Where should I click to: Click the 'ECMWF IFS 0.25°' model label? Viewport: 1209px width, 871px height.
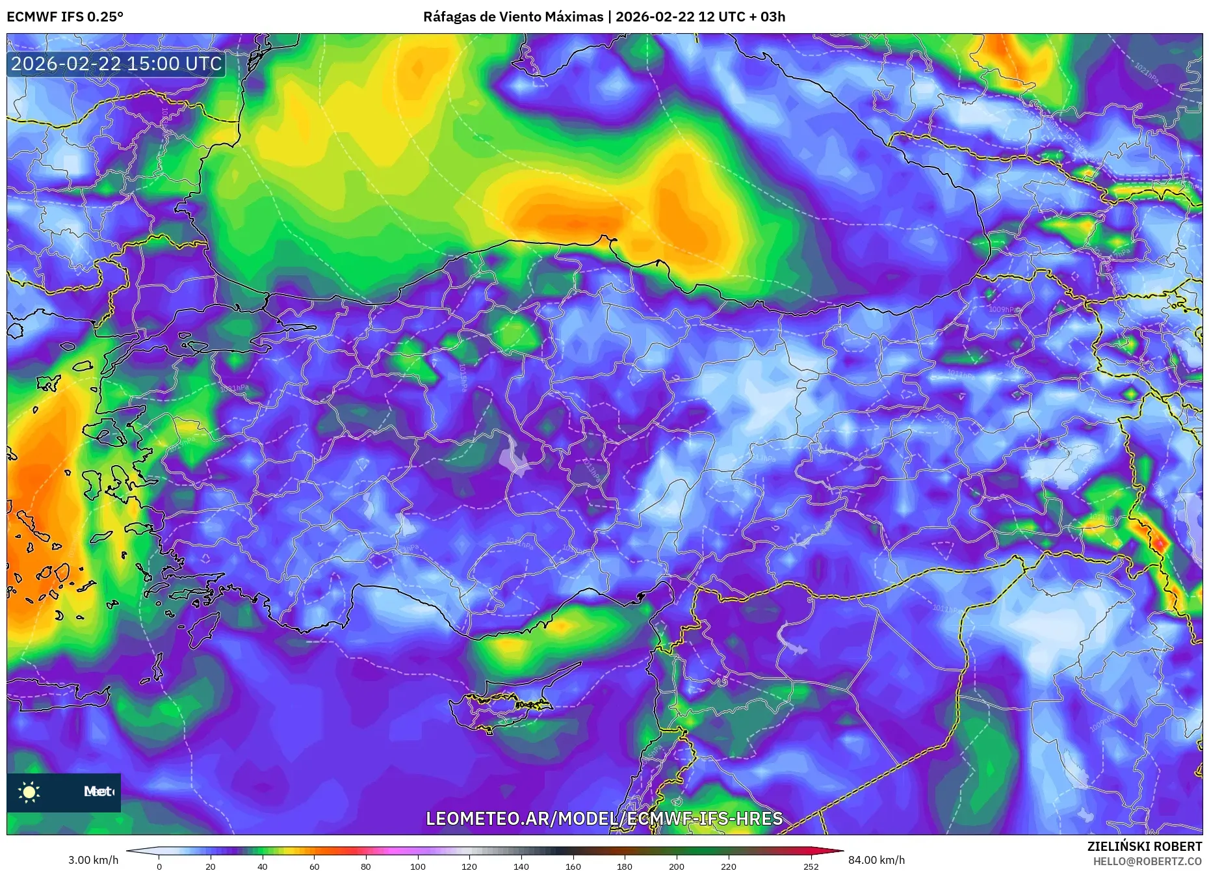click(x=65, y=17)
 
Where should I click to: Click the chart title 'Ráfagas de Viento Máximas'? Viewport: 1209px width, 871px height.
click(x=513, y=17)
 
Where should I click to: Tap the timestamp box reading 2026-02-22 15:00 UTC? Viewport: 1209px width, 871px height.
click(x=116, y=64)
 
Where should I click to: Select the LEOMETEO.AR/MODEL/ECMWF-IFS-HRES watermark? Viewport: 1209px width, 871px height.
click(x=604, y=818)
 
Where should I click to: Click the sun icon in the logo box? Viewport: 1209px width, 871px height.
click(x=29, y=792)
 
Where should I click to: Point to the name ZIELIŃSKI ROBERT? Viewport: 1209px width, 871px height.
click(x=1144, y=846)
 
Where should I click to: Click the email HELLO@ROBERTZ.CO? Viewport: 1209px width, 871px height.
click(x=1147, y=861)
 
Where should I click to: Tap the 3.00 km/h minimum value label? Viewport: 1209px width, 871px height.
click(x=94, y=860)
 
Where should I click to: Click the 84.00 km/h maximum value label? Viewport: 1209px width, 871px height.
click(x=876, y=860)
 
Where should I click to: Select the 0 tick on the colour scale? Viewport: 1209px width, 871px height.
click(x=159, y=866)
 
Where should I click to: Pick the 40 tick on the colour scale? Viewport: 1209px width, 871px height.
click(x=263, y=866)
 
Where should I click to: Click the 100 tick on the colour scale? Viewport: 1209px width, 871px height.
click(x=417, y=866)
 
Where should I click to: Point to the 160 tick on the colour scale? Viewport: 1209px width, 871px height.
click(x=573, y=866)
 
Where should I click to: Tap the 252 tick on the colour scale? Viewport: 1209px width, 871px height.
click(x=811, y=866)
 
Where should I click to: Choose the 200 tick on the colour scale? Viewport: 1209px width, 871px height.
click(x=676, y=866)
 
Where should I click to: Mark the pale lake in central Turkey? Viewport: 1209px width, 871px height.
click(x=515, y=457)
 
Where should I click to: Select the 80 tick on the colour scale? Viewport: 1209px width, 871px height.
click(x=366, y=866)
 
